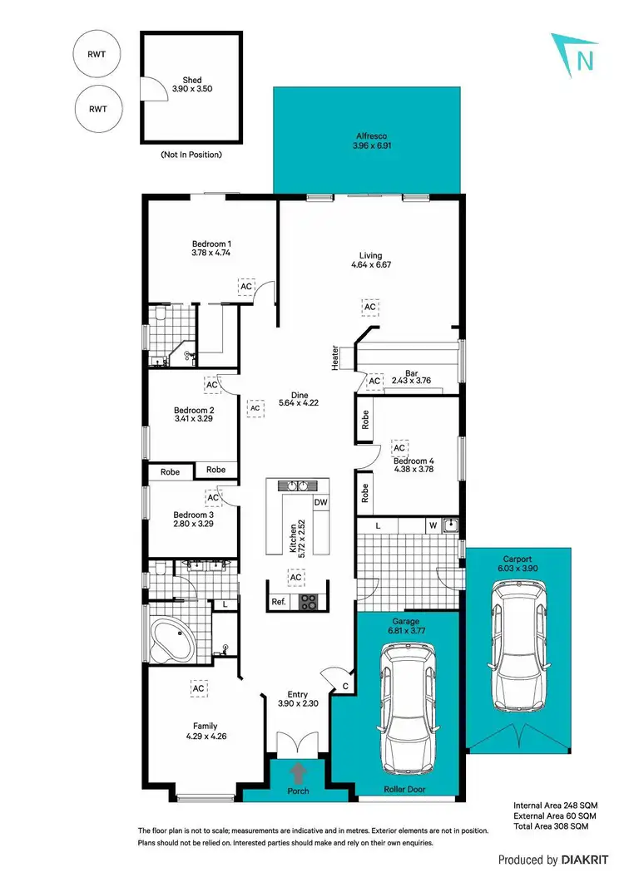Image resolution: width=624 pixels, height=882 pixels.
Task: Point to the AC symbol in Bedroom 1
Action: (x=245, y=286)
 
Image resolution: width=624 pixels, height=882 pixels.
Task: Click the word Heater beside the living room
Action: (x=335, y=357)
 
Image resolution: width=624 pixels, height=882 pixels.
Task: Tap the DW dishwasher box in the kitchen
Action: (x=320, y=502)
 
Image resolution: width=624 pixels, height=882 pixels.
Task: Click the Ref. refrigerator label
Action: (x=279, y=602)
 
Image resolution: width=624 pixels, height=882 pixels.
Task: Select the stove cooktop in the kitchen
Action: (x=308, y=602)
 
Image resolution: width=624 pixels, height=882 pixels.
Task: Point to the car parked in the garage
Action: (x=408, y=712)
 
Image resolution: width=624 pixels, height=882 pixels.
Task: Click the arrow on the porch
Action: (x=298, y=772)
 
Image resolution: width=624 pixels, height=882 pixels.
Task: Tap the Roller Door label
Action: (x=404, y=789)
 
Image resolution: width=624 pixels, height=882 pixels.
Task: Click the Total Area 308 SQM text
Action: (x=551, y=828)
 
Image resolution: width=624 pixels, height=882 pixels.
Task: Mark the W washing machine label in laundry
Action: (x=433, y=525)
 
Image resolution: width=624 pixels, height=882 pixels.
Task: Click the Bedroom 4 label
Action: (x=414, y=461)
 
